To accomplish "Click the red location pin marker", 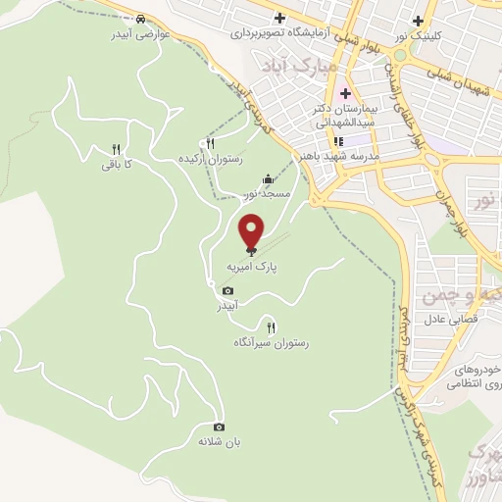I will coord(252,231).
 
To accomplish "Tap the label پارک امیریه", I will coord(247,266).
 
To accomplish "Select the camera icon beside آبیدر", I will coord(228,291).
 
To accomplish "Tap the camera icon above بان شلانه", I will coord(219,427).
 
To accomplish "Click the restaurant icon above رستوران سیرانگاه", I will coord(272,327).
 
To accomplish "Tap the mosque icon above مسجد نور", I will coord(269,178).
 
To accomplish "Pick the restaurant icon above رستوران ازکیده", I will coord(209,143).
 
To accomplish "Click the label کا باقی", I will coord(116,165).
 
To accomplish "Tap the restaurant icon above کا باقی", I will coord(116,150).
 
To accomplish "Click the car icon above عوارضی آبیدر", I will coord(142,19).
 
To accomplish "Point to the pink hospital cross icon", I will coord(344,95).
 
